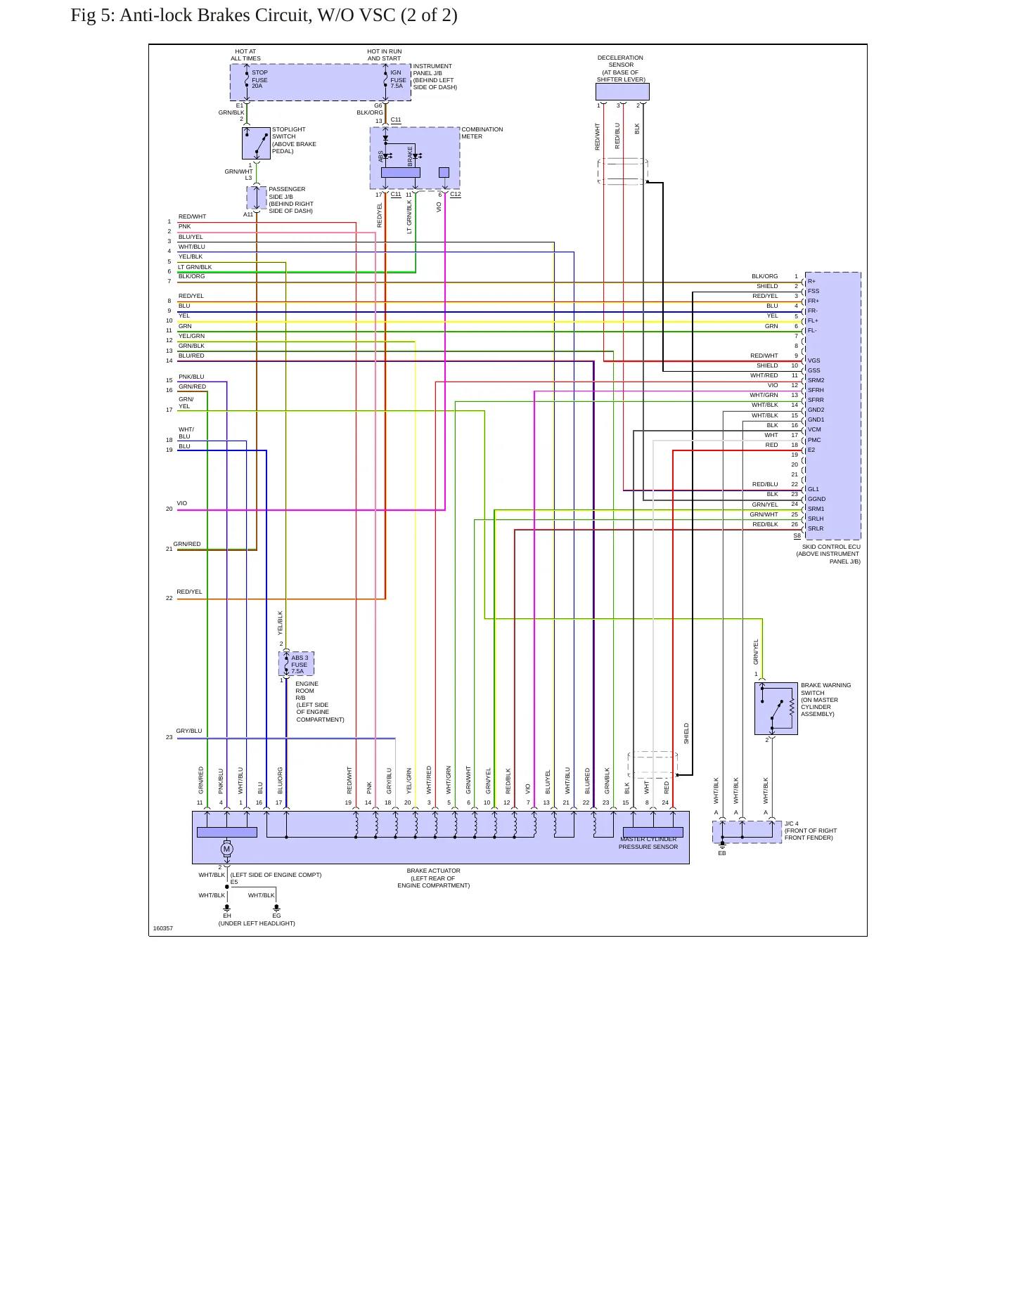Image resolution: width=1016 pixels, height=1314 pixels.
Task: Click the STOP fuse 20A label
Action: click(x=259, y=79)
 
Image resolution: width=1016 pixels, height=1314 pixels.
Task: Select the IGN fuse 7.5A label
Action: click(x=398, y=79)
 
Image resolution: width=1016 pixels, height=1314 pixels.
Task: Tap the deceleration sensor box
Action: click(x=622, y=92)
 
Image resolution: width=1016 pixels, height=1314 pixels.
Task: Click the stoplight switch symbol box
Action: click(x=256, y=143)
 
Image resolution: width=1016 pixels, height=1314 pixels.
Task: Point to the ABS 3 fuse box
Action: click(x=296, y=664)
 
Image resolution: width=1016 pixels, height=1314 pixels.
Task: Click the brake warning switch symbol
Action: click(x=776, y=708)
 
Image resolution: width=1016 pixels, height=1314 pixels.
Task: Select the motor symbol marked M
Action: click(x=226, y=849)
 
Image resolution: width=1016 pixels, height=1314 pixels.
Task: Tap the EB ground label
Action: click(x=722, y=853)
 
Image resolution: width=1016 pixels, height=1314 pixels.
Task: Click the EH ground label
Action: click(x=227, y=916)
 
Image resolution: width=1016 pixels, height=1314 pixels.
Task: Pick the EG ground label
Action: click(x=276, y=916)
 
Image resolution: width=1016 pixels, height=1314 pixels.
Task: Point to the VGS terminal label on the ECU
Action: click(x=814, y=360)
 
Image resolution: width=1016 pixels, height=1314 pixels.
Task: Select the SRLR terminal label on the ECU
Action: click(x=816, y=528)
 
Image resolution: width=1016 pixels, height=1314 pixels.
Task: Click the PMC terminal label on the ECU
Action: click(x=814, y=440)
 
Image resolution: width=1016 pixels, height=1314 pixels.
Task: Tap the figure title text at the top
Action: click(x=264, y=15)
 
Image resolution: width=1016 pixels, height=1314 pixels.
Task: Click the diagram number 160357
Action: click(x=163, y=928)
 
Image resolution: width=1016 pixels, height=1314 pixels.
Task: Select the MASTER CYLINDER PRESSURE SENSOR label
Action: click(x=648, y=843)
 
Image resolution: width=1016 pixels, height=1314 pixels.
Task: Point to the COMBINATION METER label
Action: click(x=482, y=133)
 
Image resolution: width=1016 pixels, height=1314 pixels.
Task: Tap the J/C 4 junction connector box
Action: click(x=747, y=832)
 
